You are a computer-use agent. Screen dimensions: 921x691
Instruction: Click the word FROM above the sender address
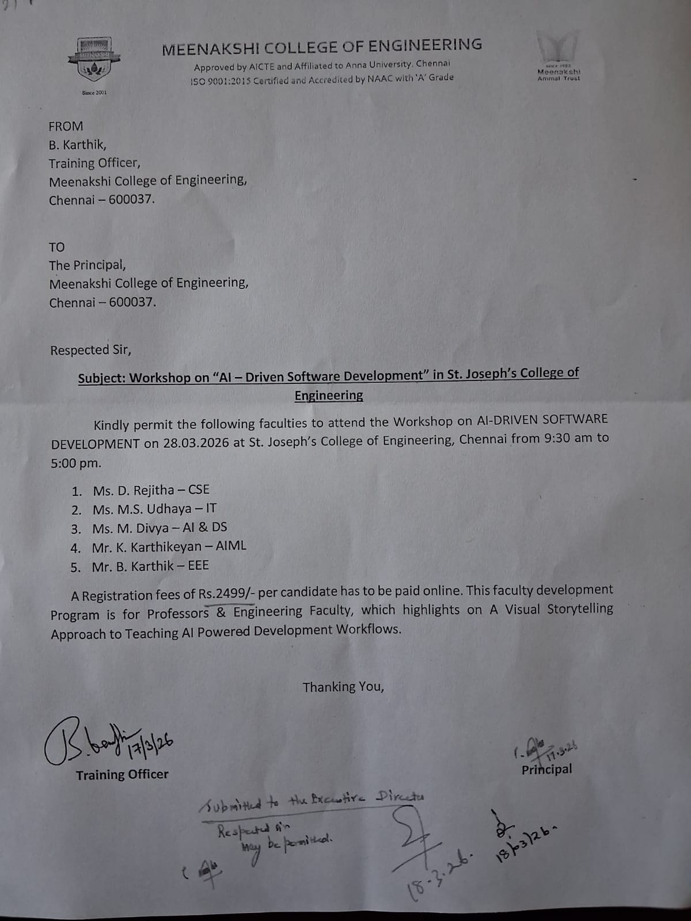(x=66, y=126)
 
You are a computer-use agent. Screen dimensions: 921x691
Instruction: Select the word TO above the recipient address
(x=57, y=247)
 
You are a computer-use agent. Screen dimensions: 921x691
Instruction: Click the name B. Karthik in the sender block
(x=77, y=144)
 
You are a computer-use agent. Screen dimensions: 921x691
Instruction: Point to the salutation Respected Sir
(x=90, y=350)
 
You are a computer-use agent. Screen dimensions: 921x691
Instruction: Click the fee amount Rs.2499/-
(x=227, y=593)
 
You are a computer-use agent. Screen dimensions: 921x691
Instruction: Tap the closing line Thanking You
(x=343, y=687)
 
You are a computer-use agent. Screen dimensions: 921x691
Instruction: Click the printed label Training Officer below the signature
(x=122, y=775)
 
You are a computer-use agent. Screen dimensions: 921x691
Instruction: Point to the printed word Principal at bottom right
(x=546, y=770)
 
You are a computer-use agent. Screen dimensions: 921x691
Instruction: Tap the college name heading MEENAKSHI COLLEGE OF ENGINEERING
(x=322, y=47)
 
